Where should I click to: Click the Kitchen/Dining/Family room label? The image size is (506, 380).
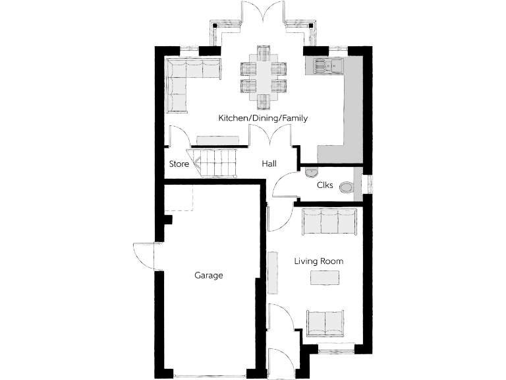263,118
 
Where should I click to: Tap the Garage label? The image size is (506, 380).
208,275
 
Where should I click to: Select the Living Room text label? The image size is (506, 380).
318,261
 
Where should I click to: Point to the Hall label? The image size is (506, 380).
269,164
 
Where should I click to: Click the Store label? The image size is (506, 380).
179,164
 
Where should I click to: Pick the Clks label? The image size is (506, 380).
324,185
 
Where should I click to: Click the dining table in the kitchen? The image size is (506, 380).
264,77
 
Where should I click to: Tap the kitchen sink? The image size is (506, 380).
328,65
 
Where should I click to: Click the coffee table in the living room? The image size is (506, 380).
325,279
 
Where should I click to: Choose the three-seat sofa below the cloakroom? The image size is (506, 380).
329,222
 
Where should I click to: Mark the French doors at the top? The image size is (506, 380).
263,16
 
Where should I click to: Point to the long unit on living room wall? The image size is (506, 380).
273,272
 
